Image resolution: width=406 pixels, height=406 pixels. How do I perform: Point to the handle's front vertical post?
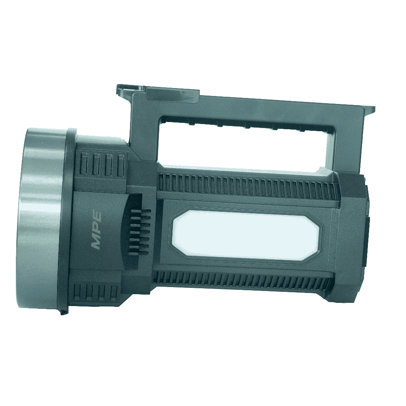coord(144,132)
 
